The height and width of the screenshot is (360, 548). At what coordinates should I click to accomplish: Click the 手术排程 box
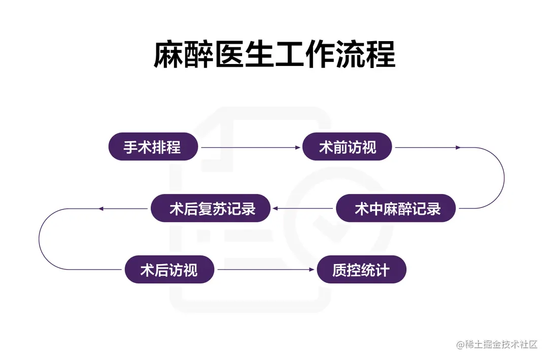153,147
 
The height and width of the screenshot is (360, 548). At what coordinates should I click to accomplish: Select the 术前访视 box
348,147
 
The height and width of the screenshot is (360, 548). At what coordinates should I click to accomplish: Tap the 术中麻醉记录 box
396,208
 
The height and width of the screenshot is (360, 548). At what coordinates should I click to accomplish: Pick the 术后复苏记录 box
211,208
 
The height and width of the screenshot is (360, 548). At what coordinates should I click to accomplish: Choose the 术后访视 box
169,270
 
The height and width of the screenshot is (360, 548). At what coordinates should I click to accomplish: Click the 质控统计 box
361,270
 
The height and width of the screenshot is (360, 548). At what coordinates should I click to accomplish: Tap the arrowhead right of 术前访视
458,148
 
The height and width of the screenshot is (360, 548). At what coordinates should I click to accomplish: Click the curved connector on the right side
503,178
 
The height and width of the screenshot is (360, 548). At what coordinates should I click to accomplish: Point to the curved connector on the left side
39,239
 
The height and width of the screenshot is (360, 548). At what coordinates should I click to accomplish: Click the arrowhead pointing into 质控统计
312,270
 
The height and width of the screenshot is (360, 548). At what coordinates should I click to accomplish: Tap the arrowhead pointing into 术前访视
298,148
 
